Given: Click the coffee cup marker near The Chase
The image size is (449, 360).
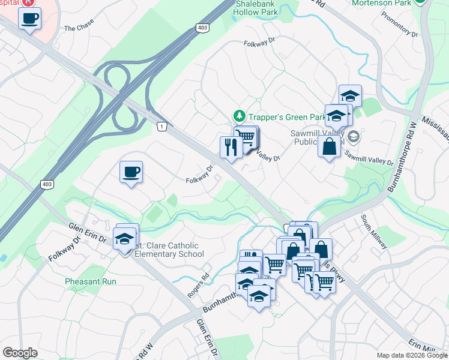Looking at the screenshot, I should [x=29, y=18].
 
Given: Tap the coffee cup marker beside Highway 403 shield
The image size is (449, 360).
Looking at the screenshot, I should [x=131, y=173].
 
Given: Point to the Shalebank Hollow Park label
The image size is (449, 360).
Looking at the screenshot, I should [x=256, y=7].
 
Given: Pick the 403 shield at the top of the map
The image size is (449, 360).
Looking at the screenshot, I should [x=203, y=28].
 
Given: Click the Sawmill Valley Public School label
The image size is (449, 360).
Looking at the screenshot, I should [x=320, y=137].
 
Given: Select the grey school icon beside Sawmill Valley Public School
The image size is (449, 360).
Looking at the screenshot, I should [x=353, y=136].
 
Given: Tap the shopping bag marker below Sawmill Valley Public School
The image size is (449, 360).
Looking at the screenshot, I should [x=330, y=146].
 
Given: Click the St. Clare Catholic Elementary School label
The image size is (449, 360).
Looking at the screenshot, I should [x=169, y=250].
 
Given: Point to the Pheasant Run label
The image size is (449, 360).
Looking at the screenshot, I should [x=91, y=281].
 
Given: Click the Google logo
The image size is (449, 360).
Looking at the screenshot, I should [x=20, y=353].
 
